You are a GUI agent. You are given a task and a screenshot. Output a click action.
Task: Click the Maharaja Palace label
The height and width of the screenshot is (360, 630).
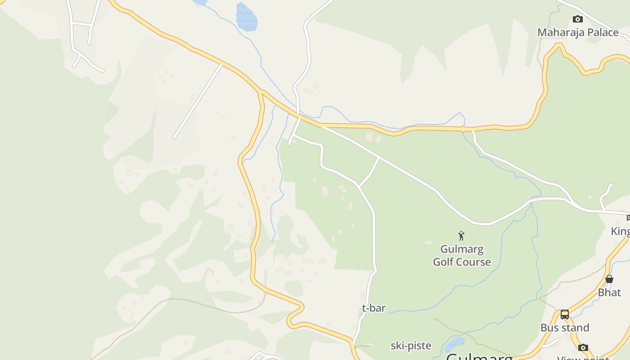[578, 32]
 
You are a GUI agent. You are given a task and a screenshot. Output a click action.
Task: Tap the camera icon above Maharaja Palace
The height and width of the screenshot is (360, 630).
[578, 19]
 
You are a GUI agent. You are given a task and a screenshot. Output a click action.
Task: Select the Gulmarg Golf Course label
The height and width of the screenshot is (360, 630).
[462, 256]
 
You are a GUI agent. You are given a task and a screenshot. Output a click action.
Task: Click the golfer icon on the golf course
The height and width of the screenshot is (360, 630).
[461, 235]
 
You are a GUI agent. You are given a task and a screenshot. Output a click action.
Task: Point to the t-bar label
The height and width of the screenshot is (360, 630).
[374, 308]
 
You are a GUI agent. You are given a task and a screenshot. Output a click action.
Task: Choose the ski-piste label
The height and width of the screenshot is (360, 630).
[411, 346]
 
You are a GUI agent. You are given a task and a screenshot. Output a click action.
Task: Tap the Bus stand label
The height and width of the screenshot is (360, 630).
[565, 328]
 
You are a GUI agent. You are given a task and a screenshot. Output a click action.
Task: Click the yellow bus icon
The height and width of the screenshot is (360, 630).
[565, 315]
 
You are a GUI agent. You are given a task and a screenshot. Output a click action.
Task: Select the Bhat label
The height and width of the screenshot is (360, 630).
[609, 292]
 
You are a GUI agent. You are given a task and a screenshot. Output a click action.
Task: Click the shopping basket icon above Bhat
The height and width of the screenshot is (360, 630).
[609, 279]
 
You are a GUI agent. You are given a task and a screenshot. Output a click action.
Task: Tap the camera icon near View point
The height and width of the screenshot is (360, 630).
[583, 347]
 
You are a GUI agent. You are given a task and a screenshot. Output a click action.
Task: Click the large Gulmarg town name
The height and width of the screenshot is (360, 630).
[480, 357]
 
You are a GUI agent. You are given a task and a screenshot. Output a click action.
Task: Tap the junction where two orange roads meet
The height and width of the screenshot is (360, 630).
[261, 91]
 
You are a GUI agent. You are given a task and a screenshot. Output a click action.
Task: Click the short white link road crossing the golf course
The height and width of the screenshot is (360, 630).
[369, 172]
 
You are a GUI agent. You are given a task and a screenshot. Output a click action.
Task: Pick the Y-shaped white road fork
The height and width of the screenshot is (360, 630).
[80, 54]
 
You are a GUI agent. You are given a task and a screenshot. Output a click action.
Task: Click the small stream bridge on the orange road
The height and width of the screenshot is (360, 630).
[463, 129]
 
